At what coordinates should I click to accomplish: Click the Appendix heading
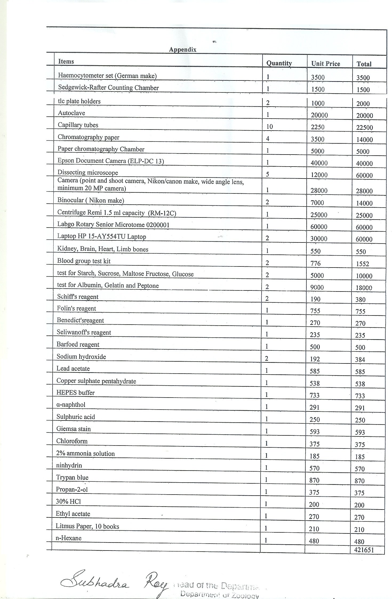[183, 50]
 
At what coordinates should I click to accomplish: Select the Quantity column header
[279, 63]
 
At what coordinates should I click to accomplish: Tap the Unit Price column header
[326, 64]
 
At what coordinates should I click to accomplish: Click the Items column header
[66, 62]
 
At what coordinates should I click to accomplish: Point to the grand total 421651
[364, 550]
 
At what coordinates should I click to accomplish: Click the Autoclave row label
[71, 113]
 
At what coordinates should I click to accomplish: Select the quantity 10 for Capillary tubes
[269, 127]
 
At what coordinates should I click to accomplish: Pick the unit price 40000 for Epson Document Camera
[319, 163]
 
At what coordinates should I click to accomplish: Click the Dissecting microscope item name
[87, 173]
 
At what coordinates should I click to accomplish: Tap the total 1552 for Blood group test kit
[362, 264]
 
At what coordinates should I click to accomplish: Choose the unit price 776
[315, 264]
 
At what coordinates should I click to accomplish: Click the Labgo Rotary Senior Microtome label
[113, 225]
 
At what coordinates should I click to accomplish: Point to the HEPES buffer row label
[75, 392]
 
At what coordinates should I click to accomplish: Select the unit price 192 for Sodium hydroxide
[315, 359]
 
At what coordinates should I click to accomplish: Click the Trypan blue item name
[72, 477]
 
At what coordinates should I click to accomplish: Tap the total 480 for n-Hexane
[359, 541]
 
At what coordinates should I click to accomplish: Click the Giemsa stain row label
[73, 429]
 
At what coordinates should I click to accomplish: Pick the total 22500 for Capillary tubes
[364, 128]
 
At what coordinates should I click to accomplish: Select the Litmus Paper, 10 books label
[87, 526]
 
